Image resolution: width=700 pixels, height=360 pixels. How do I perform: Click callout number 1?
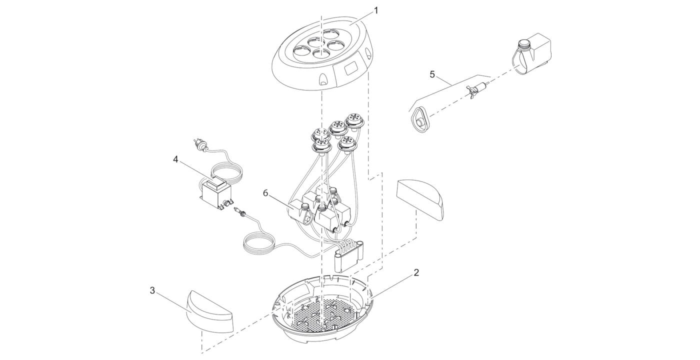click(x=376, y=11)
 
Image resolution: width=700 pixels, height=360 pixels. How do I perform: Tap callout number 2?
click(x=416, y=272)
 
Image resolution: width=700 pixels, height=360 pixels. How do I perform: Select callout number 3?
click(x=152, y=290)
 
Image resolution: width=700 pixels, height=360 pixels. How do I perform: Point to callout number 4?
click(x=175, y=159)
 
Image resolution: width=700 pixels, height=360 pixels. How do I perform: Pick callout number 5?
click(x=432, y=74)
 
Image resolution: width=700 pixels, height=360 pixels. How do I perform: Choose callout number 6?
click(x=265, y=193)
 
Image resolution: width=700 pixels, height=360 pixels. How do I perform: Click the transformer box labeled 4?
click(x=216, y=194)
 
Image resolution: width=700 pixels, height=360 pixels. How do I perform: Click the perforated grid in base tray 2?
click(x=322, y=315)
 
